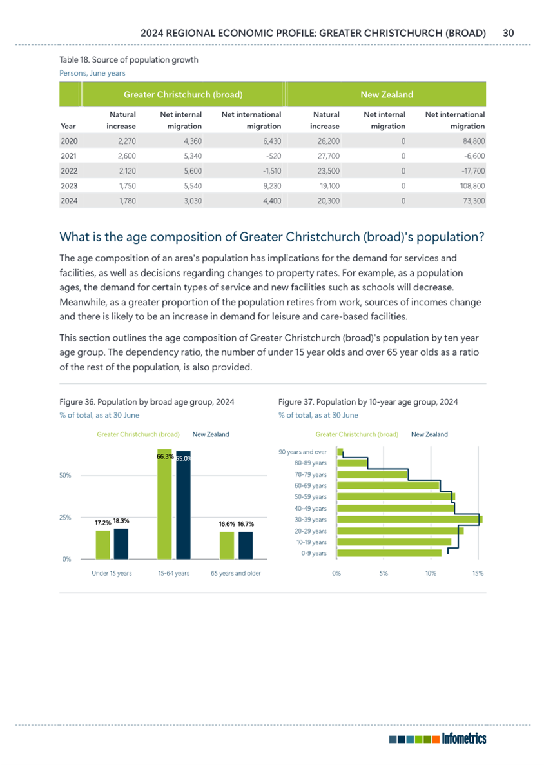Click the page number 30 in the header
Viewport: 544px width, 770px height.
pos(508,34)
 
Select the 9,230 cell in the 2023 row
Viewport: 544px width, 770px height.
pos(272,186)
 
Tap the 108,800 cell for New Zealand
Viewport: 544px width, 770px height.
pos(473,186)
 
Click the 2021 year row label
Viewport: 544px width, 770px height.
pos(69,156)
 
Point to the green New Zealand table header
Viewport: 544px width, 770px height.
pos(387,94)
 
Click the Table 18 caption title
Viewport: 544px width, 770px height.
pos(129,60)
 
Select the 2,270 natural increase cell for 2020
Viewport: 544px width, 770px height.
pos(127,141)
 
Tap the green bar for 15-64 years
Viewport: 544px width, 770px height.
pos(164,504)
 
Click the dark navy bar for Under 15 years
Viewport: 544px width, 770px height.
pos(121,543)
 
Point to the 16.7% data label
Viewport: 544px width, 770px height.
pos(246,524)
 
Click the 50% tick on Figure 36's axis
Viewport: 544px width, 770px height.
pos(65,475)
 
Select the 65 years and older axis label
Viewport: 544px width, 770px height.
pos(236,573)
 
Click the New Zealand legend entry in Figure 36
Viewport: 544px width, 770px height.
pos(211,434)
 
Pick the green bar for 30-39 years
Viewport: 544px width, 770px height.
pos(410,520)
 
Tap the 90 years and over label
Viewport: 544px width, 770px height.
pos(302,452)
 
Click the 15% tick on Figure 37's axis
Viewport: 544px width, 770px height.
pos(478,573)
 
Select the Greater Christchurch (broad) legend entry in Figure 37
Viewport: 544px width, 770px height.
pos(356,434)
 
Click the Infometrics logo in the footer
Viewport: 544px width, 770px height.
pos(438,738)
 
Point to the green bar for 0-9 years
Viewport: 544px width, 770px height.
pos(389,553)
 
